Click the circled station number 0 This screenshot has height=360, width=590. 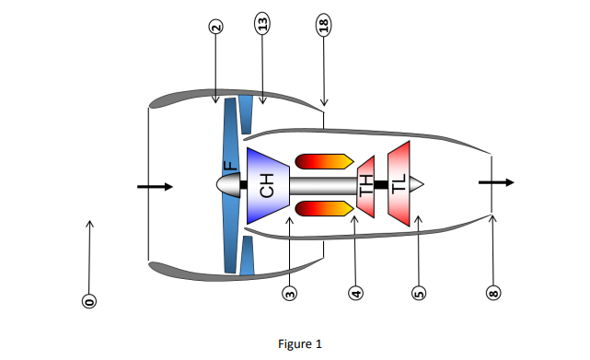(x=89, y=300)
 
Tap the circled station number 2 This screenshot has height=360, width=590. (x=215, y=27)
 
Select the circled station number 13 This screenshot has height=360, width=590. (x=261, y=25)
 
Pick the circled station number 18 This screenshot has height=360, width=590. (x=323, y=25)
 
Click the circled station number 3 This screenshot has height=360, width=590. (x=290, y=294)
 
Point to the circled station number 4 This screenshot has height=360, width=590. (x=354, y=294)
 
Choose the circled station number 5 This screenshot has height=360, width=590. (x=418, y=294)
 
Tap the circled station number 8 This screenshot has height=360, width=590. (x=492, y=294)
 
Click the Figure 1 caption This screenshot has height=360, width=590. (x=300, y=344)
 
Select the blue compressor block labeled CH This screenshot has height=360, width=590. (x=268, y=184)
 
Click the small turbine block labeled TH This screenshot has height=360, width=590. (x=365, y=184)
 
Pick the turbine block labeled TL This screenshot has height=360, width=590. (x=399, y=184)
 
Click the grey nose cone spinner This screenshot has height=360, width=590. (x=226, y=184)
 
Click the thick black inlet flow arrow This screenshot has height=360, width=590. (x=155, y=187)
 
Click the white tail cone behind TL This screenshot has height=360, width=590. (x=417, y=184)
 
